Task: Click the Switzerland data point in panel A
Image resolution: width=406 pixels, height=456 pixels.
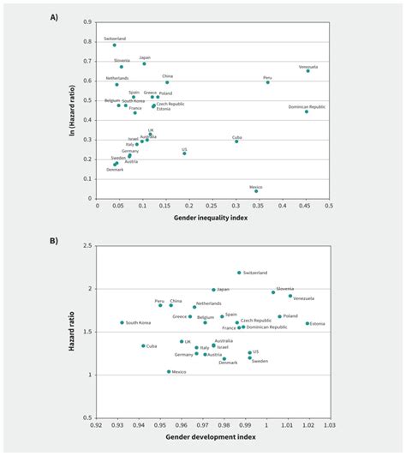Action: click(x=114, y=45)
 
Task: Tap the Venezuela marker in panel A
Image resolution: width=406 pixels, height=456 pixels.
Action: click(x=308, y=71)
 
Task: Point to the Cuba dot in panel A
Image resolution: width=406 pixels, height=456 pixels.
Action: click(x=236, y=141)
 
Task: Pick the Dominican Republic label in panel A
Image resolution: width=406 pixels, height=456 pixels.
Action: click(x=307, y=106)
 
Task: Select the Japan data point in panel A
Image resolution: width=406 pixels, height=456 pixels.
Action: click(x=144, y=63)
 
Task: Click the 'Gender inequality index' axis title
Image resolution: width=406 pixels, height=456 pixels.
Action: click(x=212, y=219)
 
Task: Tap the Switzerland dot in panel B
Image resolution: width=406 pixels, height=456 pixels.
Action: click(x=239, y=273)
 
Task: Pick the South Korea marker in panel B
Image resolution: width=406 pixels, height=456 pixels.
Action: click(x=122, y=323)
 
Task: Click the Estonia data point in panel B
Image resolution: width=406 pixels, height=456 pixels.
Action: click(x=307, y=323)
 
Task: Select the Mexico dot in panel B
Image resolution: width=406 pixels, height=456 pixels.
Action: click(x=169, y=371)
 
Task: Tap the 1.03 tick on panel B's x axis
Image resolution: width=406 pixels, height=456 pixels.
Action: click(x=329, y=424)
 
